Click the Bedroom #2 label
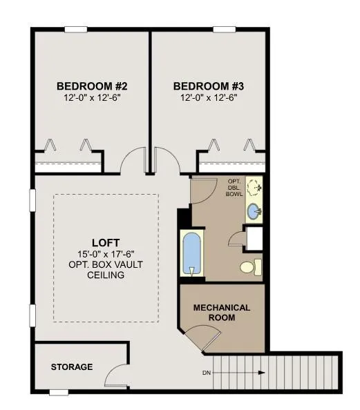point(92,86)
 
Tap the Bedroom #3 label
point(209,86)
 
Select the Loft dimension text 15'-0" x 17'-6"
point(106,254)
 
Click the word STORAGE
point(72,367)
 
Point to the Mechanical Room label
point(222,313)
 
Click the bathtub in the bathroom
point(192,253)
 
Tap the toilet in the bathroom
point(251,267)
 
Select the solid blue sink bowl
point(254,211)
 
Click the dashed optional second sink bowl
point(254,188)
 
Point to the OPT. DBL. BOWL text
point(234,188)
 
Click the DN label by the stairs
point(207,373)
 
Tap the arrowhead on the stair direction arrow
point(262,373)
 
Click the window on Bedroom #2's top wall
point(76,30)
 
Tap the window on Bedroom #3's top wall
point(224,30)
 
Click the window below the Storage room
point(59,392)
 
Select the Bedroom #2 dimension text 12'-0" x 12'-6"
point(92,98)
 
